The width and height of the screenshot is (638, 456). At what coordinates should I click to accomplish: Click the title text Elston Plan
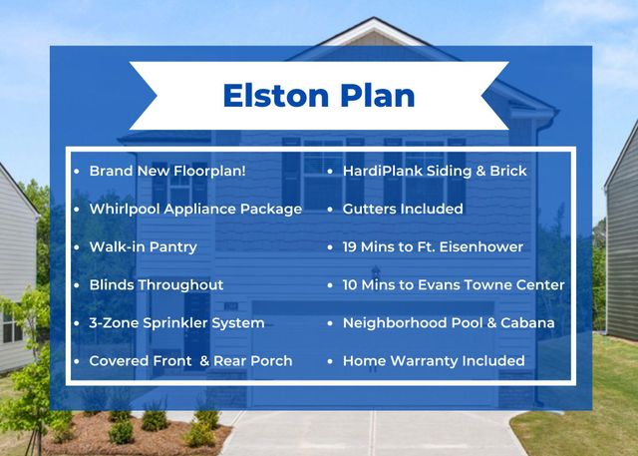tap(319, 96)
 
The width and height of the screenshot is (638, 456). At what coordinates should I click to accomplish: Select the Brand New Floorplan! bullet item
tap(166, 171)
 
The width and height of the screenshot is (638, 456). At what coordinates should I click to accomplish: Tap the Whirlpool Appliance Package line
tap(194, 209)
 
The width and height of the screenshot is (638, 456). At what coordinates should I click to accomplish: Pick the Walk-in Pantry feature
tap(143, 246)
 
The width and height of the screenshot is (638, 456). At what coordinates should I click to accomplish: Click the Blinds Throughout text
tap(156, 284)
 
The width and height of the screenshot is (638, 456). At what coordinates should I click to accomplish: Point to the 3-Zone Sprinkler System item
tap(176, 322)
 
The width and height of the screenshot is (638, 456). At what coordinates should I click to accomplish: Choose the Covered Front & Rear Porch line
tap(190, 360)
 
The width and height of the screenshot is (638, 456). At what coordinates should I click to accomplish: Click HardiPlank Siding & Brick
tap(435, 171)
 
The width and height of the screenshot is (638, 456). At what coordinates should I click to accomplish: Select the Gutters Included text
tap(403, 209)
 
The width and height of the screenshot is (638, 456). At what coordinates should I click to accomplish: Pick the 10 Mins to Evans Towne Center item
tap(454, 284)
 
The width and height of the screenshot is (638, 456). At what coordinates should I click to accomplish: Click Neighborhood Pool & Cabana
tap(449, 322)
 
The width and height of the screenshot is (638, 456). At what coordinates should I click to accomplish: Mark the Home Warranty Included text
tap(434, 360)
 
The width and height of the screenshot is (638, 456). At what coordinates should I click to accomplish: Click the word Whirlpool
tap(123, 209)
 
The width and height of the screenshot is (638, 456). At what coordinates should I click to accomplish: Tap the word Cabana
tap(527, 322)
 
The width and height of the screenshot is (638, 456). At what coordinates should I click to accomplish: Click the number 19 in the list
tap(351, 246)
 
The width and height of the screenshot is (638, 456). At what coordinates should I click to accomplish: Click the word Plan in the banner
tap(377, 96)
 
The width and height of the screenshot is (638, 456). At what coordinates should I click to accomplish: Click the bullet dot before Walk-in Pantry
tap(77, 246)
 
